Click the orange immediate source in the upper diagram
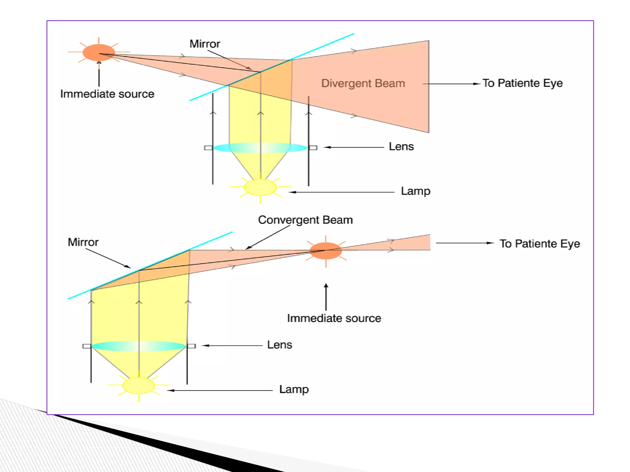98,53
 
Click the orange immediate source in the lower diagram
325,250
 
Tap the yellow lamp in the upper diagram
260,187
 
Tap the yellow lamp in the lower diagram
139,385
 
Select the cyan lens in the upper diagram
260,148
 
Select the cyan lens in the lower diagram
139,346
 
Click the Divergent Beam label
363,83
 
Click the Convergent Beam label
305,220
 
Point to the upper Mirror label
205,44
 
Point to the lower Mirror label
83,242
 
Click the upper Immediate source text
107,94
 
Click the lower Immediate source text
334,318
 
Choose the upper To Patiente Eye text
522,83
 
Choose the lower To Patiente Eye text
540,244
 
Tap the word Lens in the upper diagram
401,147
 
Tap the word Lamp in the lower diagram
294,389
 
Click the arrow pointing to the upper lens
354,147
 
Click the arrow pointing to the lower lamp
220,390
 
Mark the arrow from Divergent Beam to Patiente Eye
451,84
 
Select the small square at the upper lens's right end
313,148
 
